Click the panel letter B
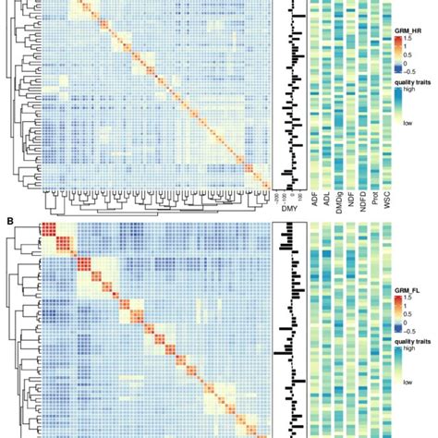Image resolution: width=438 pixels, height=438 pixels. point(9,221)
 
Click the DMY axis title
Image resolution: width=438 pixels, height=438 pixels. point(288,211)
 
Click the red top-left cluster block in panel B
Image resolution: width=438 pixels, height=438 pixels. point(50,231)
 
